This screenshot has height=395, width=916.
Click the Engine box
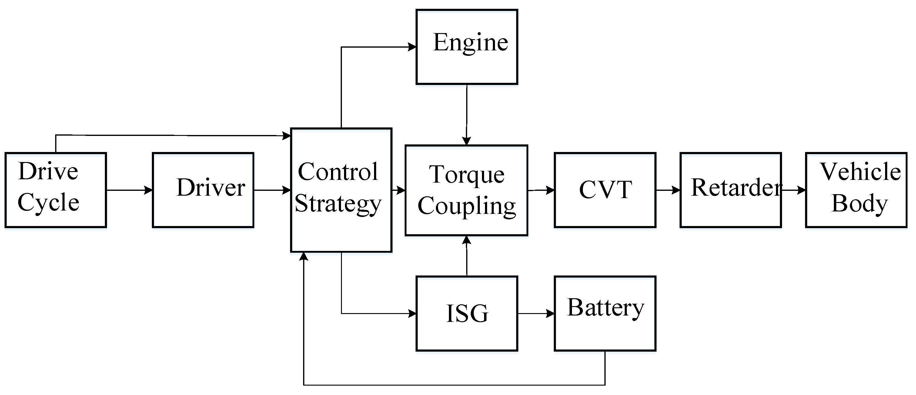pyautogui.click(x=466, y=47)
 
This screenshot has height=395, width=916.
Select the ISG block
pyautogui.click(x=466, y=313)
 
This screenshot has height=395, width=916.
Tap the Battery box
pyautogui.click(x=605, y=313)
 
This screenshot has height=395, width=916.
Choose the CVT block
pyautogui.click(x=605, y=190)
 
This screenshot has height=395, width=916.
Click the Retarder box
pyautogui.click(x=730, y=190)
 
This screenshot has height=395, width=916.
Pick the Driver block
pyautogui.click(x=203, y=190)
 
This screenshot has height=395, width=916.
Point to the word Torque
pyautogui.click(x=466, y=174)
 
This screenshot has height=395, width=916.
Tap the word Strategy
pyautogui.click(x=338, y=204)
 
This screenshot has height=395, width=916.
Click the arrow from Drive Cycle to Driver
pyautogui.click(x=129, y=190)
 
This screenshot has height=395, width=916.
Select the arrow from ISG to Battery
pyautogui.click(x=536, y=313)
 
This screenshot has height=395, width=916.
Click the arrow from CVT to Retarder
pyautogui.click(x=668, y=190)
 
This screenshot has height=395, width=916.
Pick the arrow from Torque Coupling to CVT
pyautogui.click(x=541, y=190)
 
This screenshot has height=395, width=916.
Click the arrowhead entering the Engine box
pyautogui.click(x=412, y=47)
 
